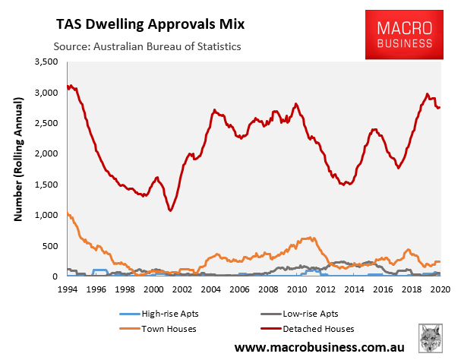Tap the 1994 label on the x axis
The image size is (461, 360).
pos(68,289)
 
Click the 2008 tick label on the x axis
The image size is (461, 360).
pos(268,289)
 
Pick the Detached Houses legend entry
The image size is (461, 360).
pos(317,328)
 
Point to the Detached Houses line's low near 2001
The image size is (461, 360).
pos(171,210)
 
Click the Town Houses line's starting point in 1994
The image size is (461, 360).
pos(68,213)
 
